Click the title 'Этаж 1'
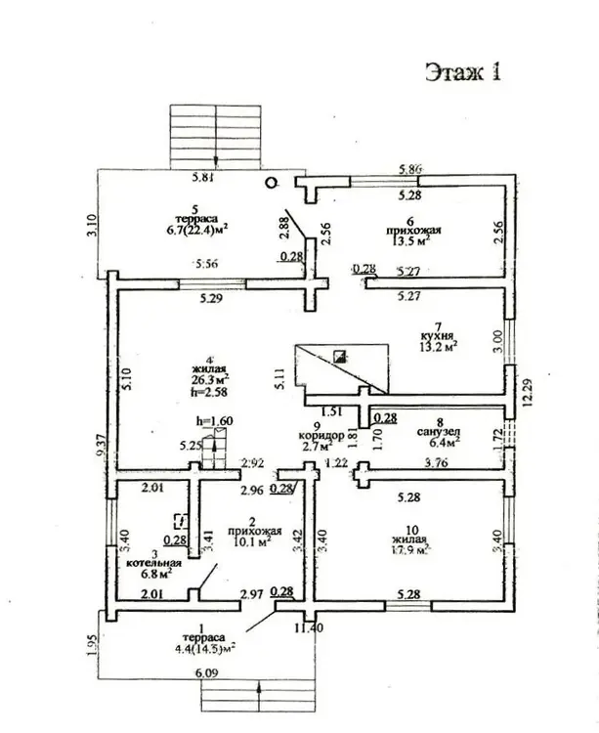point(462,71)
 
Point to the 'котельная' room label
point(148,564)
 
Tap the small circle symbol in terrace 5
point(274,182)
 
